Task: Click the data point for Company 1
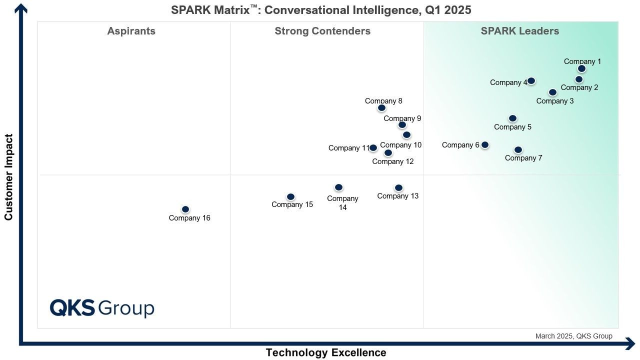(581, 69)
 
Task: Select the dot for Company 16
(185, 209)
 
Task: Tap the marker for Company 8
(381, 108)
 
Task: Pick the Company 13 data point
(398, 188)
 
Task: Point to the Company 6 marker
(484, 145)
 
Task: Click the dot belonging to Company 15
(290, 197)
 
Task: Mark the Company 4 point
(531, 81)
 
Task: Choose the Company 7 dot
(518, 150)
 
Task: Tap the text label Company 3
(555, 101)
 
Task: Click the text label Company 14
(342, 203)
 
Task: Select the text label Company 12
(393, 161)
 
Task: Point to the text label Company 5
(512, 127)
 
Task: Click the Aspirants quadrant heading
(131, 31)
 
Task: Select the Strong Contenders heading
(322, 31)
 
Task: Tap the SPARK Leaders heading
(520, 31)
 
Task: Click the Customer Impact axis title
(8, 177)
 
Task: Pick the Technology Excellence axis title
(326, 353)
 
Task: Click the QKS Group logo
(102, 308)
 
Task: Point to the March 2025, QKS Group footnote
(573, 336)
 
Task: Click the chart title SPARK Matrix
(321, 10)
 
